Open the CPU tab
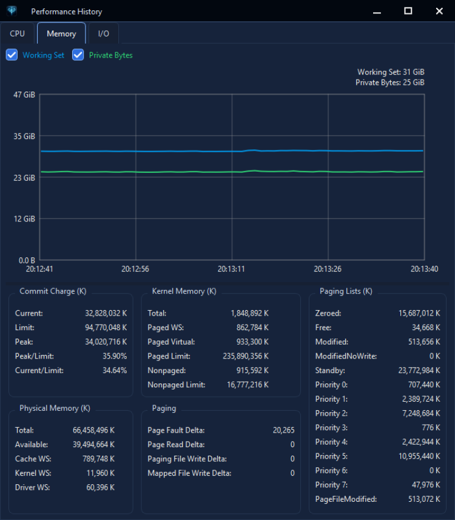pyautogui.click(x=17, y=33)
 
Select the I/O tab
pyautogui.click(x=104, y=33)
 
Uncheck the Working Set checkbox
pyautogui.click(x=12, y=55)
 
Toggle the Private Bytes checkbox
pyautogui.click(x=78, y=55)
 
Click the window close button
pyautogui.click(x=439, y=12)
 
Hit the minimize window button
pyautogui.click(x=377, y=12)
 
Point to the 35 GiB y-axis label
pyautogui.click(x=24, y=137)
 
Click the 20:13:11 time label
pyautogui.click(x=231, y=269)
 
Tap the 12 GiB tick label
pyautogui.click(x=24, y=219)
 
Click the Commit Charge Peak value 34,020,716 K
pyautogui.click(x=106, y=342)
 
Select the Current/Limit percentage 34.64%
pyautogui.click(x=115, y=371)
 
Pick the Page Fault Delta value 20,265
pyautogui.click(x=283, y=430)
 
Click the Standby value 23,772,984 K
pyautogui.click(x=419, y=371)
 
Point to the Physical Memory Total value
pyautogui.click(x=93, y=430)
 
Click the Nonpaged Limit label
pyautogui.click(x=177, y=385)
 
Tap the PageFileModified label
pyautogui.click(x=346, y=499)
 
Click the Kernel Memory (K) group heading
pyautogui.click(x=184, y=291)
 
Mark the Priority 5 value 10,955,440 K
pyautogui.click(x=419, y=456)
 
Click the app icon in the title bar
pyautogui.click(x=12, y=11)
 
